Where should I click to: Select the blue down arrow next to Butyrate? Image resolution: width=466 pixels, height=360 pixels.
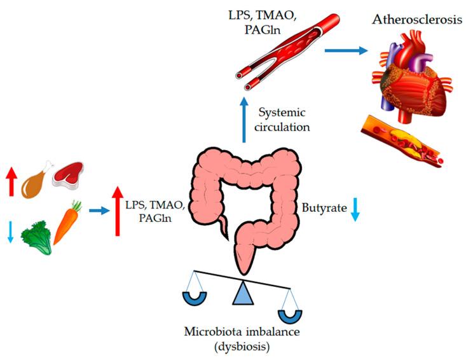click(x=355, y=209)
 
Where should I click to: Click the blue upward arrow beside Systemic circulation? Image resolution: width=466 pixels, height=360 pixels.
click(x=244, y=121)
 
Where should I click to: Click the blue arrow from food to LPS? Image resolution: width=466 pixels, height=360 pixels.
click(x=97, y=210)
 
